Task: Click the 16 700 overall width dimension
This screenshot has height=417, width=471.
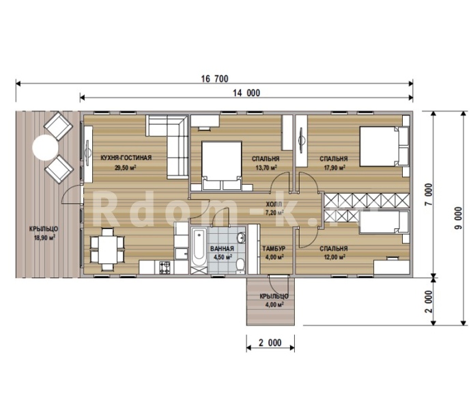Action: click(x=214, y=79)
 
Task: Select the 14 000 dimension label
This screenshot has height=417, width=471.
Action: click(x=246, y=93)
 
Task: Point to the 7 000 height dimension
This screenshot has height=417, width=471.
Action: click(x=429, y=194)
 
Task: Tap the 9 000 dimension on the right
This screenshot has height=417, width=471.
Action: click(x=459, y=218)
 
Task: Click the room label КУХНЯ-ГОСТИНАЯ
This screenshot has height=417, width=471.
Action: click(x=126, y=158)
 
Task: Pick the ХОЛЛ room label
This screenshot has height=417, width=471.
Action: click(x=274, y=204)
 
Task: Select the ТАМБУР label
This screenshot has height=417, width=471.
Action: click(x=274, y=249)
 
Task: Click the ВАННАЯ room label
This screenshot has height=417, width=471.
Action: click(x=222, y=249)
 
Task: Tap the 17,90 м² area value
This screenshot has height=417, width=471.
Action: click(x=334, y=167)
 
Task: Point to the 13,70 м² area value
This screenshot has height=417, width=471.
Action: click(x=266, y=167)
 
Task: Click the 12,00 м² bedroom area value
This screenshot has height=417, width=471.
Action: click(x=334, y=257)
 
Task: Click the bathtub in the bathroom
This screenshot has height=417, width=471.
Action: click(x=199, y=247)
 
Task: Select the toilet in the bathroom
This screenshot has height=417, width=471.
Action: click(x=240, y=265)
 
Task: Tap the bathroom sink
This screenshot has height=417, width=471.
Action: click(x=241, y=238)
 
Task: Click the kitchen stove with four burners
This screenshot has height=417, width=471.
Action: click(x=165, y=267)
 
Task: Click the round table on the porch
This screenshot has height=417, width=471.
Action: click(x=45, y=148)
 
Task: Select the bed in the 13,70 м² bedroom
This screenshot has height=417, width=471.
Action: click(x=222, y=166)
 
